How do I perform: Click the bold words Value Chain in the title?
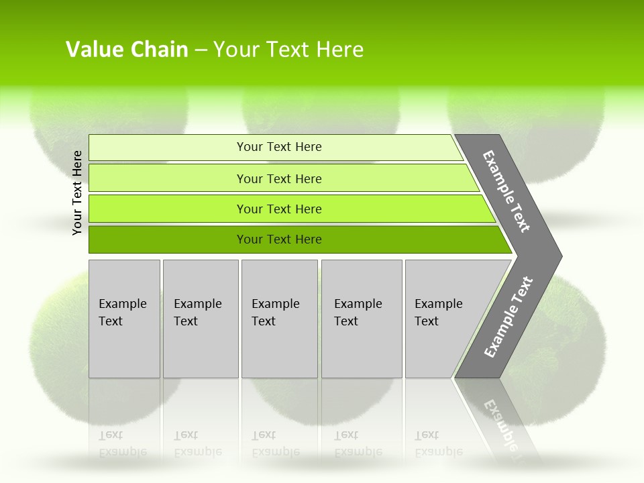pos(127,50)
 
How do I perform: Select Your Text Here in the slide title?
pos(288,50)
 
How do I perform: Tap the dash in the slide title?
pos(201,50)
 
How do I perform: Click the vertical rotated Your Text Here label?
pos(77,193)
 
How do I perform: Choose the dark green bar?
pos(168,239)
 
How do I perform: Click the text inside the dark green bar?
pos(279,239)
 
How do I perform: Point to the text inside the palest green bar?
pos(279,147)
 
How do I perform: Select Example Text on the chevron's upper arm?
pos(506,191)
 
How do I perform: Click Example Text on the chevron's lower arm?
pos(508,317)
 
